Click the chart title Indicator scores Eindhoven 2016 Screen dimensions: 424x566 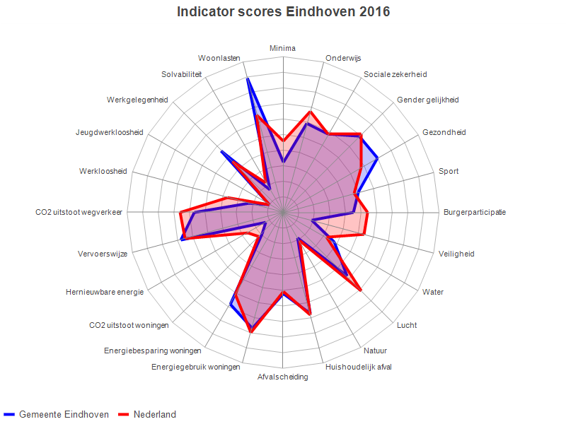click(283, 12)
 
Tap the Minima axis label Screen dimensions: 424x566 click(283, 48)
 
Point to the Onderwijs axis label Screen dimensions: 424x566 click(343, 58)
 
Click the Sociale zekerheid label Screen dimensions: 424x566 click(395, 74)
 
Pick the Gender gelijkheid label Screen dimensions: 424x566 click(427, 100)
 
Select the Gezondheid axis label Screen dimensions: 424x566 click(444, 132)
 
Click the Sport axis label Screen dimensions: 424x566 click(449, 171)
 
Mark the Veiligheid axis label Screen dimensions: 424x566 click(456, 254)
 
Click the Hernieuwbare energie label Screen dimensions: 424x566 click(105, 292)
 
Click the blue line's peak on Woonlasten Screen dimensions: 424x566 click(248, 79)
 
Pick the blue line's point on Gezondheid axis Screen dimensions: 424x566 click(378, 158)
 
